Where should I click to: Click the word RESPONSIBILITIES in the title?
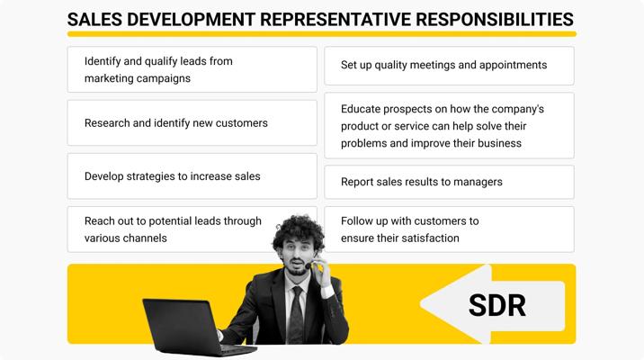coord(495,19)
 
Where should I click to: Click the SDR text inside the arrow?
coord(497,305)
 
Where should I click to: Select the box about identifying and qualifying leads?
coord(192,69)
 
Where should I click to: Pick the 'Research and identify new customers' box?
coord(192,123)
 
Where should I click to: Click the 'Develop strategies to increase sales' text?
coord(173,176)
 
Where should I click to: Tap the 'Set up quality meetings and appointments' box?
coord(450,66)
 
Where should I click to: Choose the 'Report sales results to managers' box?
coord(450,182)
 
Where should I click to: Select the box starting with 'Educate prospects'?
coord(450,126)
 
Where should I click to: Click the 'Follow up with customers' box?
coord(450,229)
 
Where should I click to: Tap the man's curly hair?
coord(298,231)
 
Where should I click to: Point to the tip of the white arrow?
coord(421,303)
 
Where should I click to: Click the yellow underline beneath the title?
coord(322,34)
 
